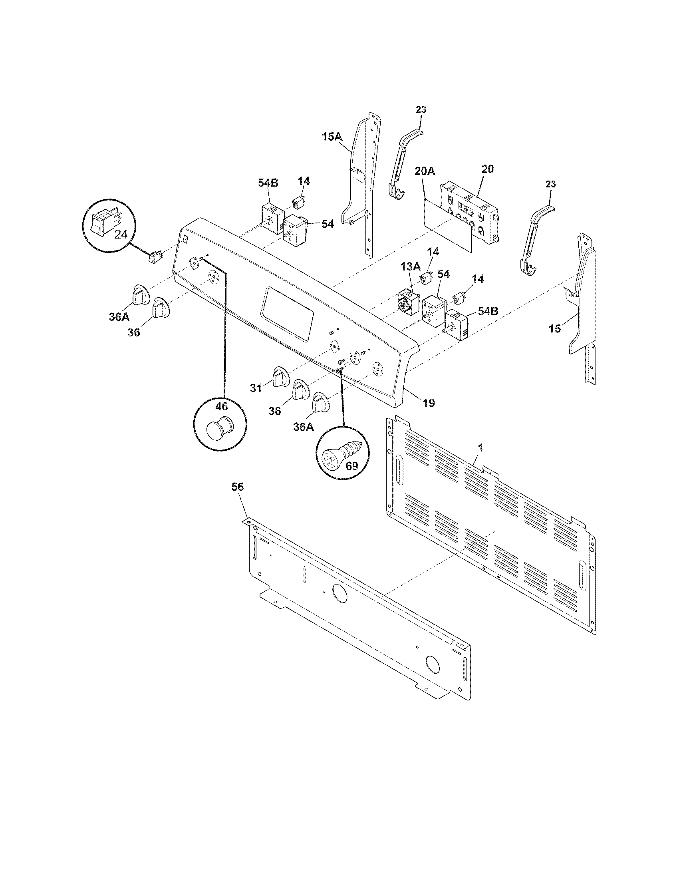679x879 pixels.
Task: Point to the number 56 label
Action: point(238,487)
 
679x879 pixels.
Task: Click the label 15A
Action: point(332,137)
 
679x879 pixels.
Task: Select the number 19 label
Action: point(429,402)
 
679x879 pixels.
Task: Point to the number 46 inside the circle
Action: point(221,406)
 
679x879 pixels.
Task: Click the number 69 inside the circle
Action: point(352,466)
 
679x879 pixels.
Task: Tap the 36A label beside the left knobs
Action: point(119,317)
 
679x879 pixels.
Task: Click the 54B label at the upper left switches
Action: point(268,183)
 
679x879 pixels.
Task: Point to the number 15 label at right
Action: point(555,329)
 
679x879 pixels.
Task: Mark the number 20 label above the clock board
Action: point(487,169)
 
